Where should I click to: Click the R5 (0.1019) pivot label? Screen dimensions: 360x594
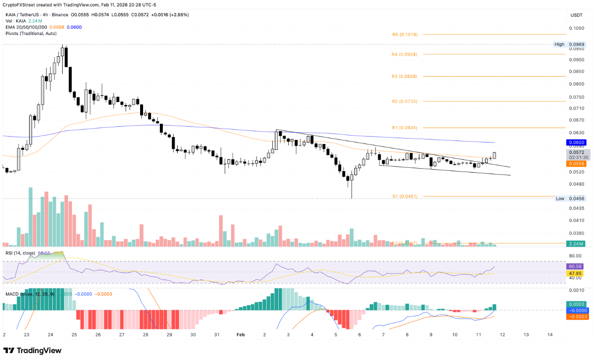point(405,35)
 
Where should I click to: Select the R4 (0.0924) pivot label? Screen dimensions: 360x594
point(405,54)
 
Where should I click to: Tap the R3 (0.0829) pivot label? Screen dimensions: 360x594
point(405,76)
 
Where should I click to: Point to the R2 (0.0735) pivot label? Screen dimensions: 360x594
point(405,101)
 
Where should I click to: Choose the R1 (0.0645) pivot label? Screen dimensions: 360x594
point(405,128)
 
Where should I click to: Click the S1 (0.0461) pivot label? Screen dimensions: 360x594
point(405,196)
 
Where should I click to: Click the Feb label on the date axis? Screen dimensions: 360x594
point(240,334)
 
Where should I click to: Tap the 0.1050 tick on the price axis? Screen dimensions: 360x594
point(578,28)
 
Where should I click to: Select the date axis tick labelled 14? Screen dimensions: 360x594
point(550,334)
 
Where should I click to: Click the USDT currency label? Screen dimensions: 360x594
point(576,15)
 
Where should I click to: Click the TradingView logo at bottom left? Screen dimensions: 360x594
point(33,350)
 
